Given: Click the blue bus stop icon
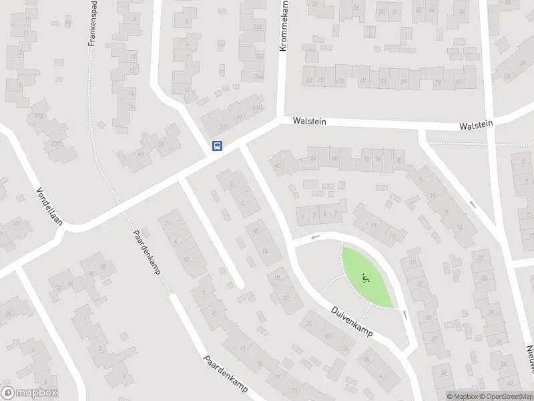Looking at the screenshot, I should [x=217, y=146].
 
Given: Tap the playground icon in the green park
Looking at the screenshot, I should [x=365, y=278].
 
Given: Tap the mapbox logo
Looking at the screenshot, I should [x=29, y=393].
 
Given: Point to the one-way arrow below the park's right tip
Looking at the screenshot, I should [x=405, y=313].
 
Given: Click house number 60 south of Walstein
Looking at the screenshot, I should [x=276, y=165].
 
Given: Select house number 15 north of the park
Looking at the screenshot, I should [x=392, y=237].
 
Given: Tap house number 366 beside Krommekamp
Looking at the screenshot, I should [x=258, y=77].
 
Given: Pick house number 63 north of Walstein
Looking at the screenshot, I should [x=308, y=81].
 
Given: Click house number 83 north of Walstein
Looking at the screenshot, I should [x=459, y=83].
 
